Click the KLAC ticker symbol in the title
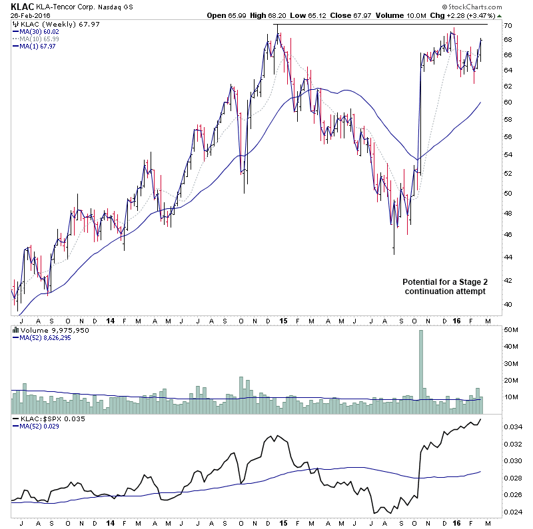click(x=23, y=6)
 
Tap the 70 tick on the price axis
click(x=507, y=25)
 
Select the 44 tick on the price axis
click(x=507, y=257)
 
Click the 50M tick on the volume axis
click(x=510, y=330)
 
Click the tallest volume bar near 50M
click(x=421, y=366)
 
